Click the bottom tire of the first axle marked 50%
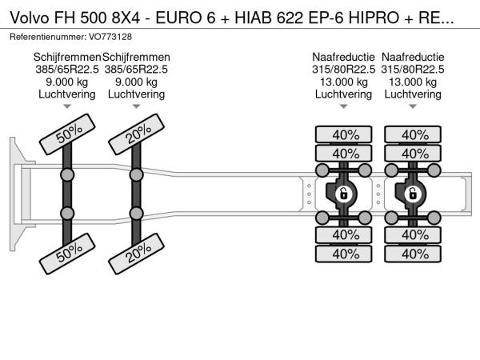(68, 254)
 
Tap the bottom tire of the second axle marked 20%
(137, 254)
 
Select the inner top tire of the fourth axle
(414, 154)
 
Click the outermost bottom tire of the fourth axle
(414, 254)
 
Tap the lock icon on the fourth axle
(414, 194)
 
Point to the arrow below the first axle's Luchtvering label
(68, 106)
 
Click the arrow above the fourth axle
(414, 106)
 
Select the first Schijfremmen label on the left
(68, 58)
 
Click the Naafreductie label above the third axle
(344, 58)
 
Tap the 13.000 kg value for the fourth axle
(414, 82)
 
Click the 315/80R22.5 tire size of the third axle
(344, 70)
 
